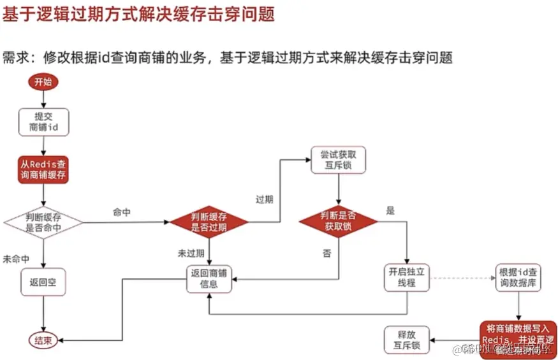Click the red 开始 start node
tap(43, 82)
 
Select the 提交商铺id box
tap(43, 121)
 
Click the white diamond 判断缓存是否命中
tap(43, 222)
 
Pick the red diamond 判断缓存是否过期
tap(209, 222)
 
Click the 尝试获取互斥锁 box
tap(339, 160)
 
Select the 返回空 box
tap(43, 281)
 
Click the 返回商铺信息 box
tap(209, 279)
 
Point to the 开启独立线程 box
tap(407, 277)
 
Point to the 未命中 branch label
tap(16, 259)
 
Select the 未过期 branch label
tap(191, 253)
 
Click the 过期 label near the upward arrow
tap(265, 199)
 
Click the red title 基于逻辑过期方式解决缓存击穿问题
tap(138, 14)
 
